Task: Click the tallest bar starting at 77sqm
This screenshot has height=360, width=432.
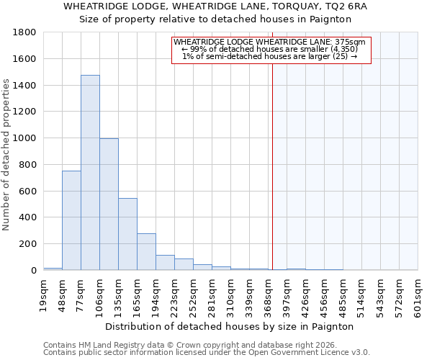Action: point(90,173)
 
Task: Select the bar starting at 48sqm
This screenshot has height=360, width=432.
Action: point(71,220)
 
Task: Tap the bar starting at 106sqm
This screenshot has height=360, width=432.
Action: point(109,204)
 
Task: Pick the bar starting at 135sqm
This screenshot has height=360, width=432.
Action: point(127,234)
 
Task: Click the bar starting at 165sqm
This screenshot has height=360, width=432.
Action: point(146,252)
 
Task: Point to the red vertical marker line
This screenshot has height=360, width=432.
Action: point(273,166)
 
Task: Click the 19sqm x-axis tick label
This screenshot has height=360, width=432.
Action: point(44,294)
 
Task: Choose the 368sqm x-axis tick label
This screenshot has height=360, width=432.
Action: point(268,294)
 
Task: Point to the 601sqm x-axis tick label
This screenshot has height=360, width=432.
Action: point(418,294)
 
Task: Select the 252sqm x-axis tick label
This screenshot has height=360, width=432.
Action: point(193,294)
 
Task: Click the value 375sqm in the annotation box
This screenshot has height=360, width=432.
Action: point(350,42)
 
